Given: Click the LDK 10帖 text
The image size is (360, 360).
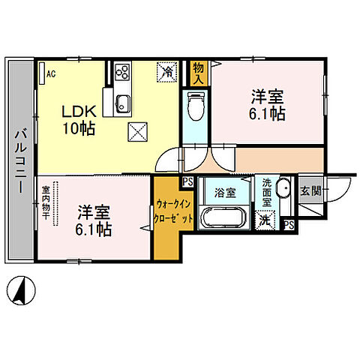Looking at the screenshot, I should pos(78,119).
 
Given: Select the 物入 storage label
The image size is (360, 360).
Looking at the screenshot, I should pos(199,73).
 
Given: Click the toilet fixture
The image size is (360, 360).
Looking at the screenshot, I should pos(193,104).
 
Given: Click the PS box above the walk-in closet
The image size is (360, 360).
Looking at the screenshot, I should pos(186,181).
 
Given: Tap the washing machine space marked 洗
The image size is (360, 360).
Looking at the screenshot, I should pos(265,220).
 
